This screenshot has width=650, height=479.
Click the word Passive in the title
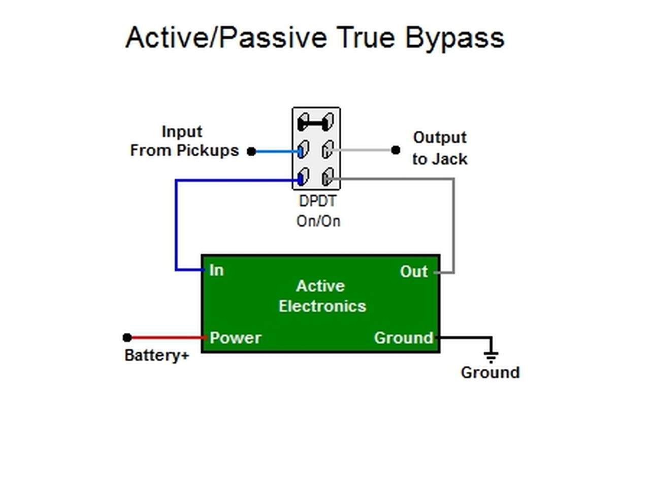pos(273,38)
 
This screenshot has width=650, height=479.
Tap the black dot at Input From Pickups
pos(251,151)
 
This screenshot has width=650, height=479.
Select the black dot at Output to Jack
pos(396,150)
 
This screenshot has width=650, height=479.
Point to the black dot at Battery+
pos(127,337)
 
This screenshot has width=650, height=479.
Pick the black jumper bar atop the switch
pos(315,123)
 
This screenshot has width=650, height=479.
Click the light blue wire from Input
pos(277,151)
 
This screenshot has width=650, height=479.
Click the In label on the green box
pos(216,270)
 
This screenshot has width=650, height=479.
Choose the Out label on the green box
pos(414,271)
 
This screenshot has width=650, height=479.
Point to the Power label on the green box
pos(235,338)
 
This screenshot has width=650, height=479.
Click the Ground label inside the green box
pos(404,338)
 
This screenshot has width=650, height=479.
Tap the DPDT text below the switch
pos(317,201)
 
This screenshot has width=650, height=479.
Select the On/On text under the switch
pos(318,221)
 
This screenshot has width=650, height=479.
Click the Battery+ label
pos(157,356)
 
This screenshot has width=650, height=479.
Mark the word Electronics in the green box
pos(322,306)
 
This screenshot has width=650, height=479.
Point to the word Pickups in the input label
pos(208,151)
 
